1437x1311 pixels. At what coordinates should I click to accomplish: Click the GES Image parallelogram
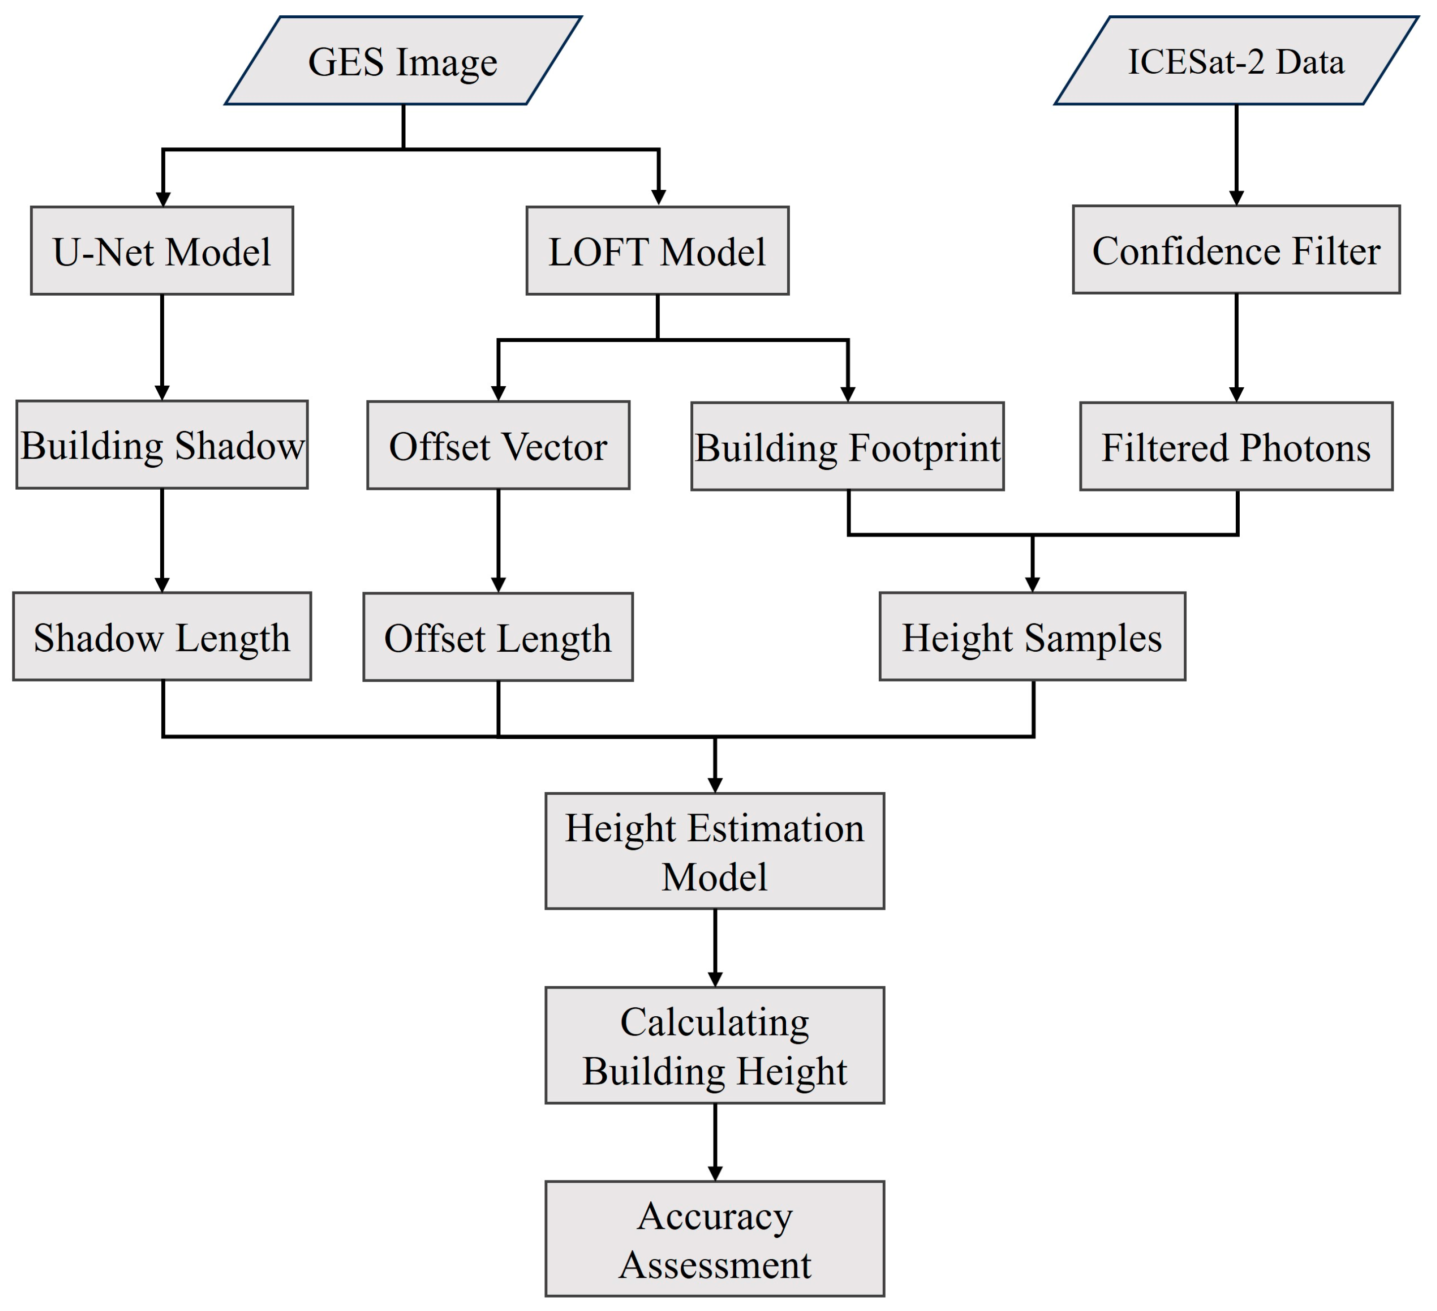click(x=403, y=61)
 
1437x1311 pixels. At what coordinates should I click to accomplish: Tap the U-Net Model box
click(x=162, y=251)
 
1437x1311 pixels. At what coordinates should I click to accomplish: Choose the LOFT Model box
click(x=657, y=251)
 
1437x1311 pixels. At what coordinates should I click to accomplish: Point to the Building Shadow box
click(x=162, y=445)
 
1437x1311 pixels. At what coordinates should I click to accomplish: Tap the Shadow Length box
click(x=162, y=636)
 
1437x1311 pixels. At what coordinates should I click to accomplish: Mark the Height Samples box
click(x=1032, y=636)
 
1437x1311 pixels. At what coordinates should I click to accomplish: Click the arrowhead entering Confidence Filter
click(x=1236, y=198)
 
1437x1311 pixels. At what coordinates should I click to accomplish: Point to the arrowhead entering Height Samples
click(x=1032, y=585)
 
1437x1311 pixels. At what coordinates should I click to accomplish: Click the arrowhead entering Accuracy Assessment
click(x=715, y=1174)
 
